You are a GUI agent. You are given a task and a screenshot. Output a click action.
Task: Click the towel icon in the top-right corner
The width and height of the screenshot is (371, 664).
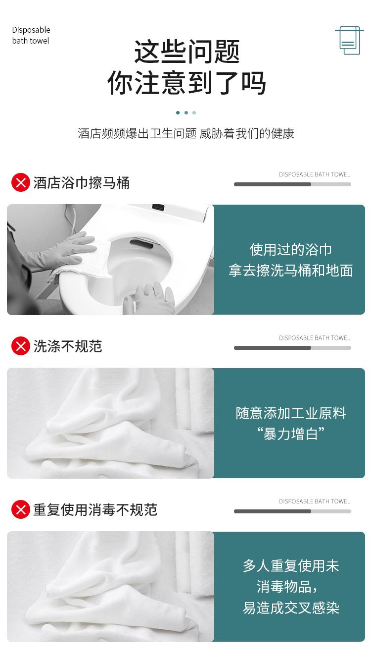[349, 41]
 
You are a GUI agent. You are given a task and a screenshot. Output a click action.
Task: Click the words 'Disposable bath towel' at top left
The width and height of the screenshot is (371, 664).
[31, 35]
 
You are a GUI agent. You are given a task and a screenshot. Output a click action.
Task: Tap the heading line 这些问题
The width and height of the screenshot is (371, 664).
[186, 52]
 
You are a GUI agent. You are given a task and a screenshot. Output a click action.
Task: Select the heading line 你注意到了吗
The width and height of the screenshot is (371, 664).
[186, 83]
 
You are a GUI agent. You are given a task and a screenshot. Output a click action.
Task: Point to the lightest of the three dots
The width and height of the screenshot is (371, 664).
[194, 112]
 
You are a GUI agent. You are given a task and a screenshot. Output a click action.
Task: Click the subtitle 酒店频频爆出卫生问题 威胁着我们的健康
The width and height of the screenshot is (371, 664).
[186, 133]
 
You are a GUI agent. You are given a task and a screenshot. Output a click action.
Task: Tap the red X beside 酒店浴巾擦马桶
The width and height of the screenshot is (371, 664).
[21, 182]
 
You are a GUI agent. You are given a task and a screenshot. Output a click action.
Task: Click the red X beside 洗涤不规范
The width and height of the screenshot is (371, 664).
[21, 346]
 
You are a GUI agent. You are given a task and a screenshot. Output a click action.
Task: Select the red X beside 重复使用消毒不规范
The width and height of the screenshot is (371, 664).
[21, 509]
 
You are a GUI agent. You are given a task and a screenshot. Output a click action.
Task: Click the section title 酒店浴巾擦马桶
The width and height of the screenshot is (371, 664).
[81, 182]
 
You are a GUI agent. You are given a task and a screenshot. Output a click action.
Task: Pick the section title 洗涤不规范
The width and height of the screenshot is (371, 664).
[68, 346]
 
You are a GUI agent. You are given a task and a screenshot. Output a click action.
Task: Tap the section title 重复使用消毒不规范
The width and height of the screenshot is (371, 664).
[95, 510]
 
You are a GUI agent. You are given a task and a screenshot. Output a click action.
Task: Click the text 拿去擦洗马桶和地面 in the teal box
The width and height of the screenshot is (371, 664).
[290, 271]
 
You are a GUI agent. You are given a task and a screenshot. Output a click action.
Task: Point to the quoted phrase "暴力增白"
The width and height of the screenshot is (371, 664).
[290, 434]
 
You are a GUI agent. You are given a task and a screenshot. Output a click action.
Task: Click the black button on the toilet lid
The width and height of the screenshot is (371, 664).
[158, 207]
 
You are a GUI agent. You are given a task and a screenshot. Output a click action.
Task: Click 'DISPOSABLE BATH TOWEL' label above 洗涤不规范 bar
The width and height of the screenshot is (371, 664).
[315, 338]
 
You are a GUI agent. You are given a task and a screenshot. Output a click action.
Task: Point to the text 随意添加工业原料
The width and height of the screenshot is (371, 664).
[290, 413]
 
